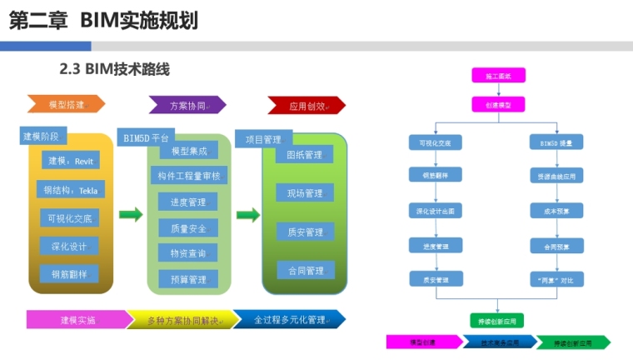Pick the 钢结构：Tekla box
(70, 190)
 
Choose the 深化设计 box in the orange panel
(69, 246)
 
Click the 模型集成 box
(188, 151)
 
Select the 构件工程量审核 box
(188, 176)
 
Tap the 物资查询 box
(188, 252)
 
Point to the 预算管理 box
(188, 280)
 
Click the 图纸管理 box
(305, 155)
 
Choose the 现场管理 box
(305, 193)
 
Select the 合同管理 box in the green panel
(305, 271)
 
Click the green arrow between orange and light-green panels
(131, 215)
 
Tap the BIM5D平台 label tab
(147, 137)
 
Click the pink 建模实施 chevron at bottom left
(78, 320)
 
